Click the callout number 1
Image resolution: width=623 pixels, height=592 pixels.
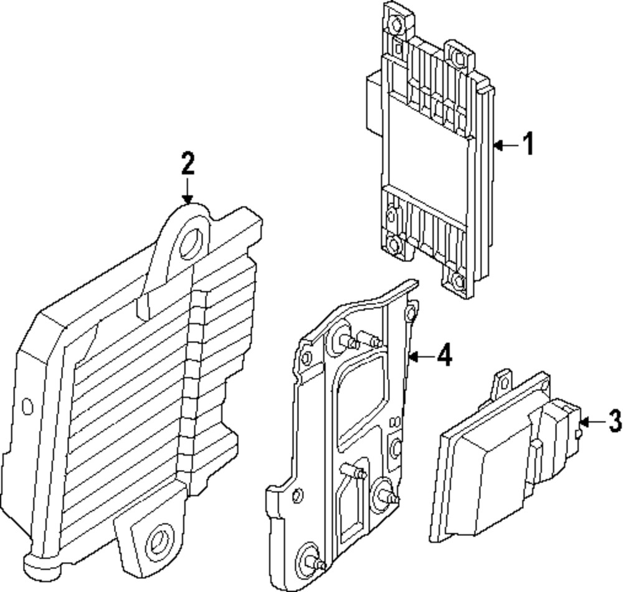[528, 144]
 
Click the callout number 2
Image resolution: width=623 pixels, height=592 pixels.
[188, 163]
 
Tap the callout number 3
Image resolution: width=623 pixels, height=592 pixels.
[614, 421]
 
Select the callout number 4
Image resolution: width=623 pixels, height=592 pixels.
[443, 356]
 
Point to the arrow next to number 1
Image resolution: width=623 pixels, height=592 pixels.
[506, 146]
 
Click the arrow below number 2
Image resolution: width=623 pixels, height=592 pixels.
[188, 190]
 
